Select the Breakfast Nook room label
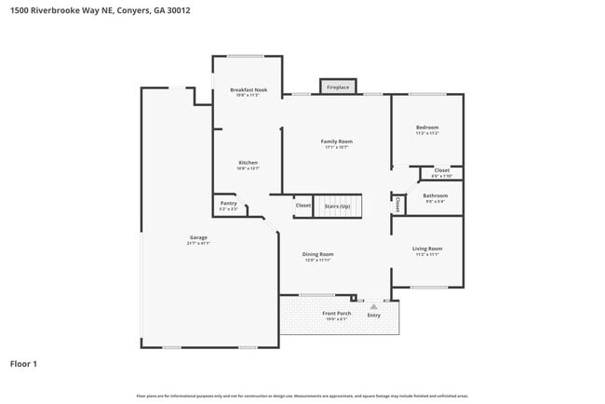pos(249,89)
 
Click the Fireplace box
pos(338,87)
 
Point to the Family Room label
pos(337,141)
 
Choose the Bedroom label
pos(427,128)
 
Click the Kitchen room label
pos(248,163)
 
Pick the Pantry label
pos(228,203)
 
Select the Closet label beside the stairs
pos(303,205)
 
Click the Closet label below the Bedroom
pos(441,170)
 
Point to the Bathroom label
pos(436,195)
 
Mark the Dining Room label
pos(317,254)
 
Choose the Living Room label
pos(427,249)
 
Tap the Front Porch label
pos(336,314)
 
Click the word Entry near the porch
pos(374,315)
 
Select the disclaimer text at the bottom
pos(302,396)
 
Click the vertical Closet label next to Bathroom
pos(397,202)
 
